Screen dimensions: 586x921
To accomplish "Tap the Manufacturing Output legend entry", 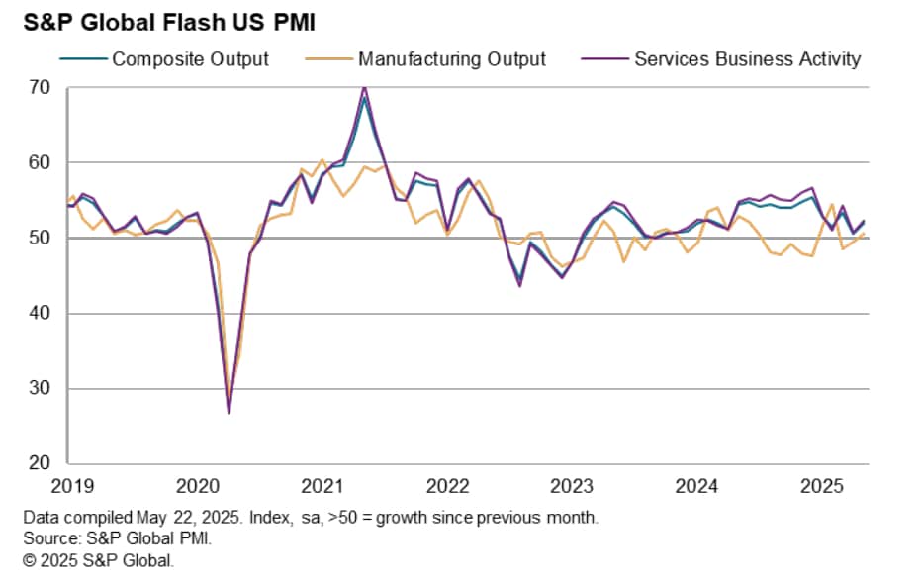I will (x=451, y=59).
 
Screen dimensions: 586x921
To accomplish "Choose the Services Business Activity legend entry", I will (x=747, y=59).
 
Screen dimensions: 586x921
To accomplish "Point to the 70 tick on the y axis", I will (x=41, y=88).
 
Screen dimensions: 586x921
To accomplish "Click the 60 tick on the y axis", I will (x=41, y=163).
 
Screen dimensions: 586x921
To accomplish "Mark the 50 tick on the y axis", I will (x=41, y=239).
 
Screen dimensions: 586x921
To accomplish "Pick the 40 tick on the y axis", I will (x=41, y=314).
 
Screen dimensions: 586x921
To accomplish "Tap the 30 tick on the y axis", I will (x=41, y=389).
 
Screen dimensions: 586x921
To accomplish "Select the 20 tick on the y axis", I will (x=41, y=463).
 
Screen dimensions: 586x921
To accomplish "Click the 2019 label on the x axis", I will (x=73, y=487).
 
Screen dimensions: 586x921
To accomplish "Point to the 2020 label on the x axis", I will (x=198, y=487).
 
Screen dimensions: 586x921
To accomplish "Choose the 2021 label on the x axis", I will (x=322, y=487).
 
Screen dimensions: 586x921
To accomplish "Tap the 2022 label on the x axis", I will (x=447, y=487).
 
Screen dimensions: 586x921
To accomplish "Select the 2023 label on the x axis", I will (x=572, y=487).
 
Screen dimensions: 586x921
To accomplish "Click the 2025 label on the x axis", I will (x=821, y=487).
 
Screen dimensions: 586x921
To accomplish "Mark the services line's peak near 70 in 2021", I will (x=365, y=88).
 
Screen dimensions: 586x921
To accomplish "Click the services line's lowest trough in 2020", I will (x=230, y=412).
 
